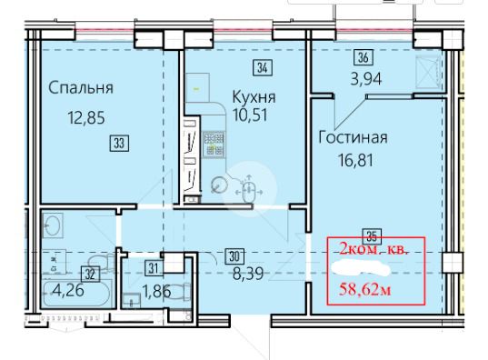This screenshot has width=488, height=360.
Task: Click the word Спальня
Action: pos(81,88)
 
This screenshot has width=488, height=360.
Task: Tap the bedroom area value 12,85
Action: pos(86,117)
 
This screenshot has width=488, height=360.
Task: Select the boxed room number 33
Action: pos(120,144)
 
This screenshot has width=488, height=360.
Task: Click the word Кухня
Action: pos(254,97)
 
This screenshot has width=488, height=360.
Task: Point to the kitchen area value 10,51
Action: pos(250,115)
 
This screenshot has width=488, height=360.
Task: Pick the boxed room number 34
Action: pos(263,67)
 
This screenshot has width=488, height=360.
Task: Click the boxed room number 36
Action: pos(364,58)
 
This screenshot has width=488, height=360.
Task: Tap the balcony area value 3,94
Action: pos(366,79)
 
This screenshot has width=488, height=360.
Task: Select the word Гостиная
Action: pos(353,137)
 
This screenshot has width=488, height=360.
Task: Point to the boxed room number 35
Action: pos(373,235)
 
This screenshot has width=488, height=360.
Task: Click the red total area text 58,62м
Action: pos(364,290)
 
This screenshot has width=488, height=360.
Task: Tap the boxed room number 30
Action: pos(234,256)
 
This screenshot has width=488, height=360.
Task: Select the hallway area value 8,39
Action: pos(248,274)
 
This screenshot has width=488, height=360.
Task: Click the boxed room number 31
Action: pos(154,268)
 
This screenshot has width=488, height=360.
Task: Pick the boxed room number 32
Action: pos(91,275)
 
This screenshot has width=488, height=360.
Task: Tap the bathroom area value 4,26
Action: pos(68,291)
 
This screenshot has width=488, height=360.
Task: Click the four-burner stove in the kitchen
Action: pos(214,144)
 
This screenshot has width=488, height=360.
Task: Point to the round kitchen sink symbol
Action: pos(219,185)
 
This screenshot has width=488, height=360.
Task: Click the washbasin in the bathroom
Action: pos(53,225)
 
